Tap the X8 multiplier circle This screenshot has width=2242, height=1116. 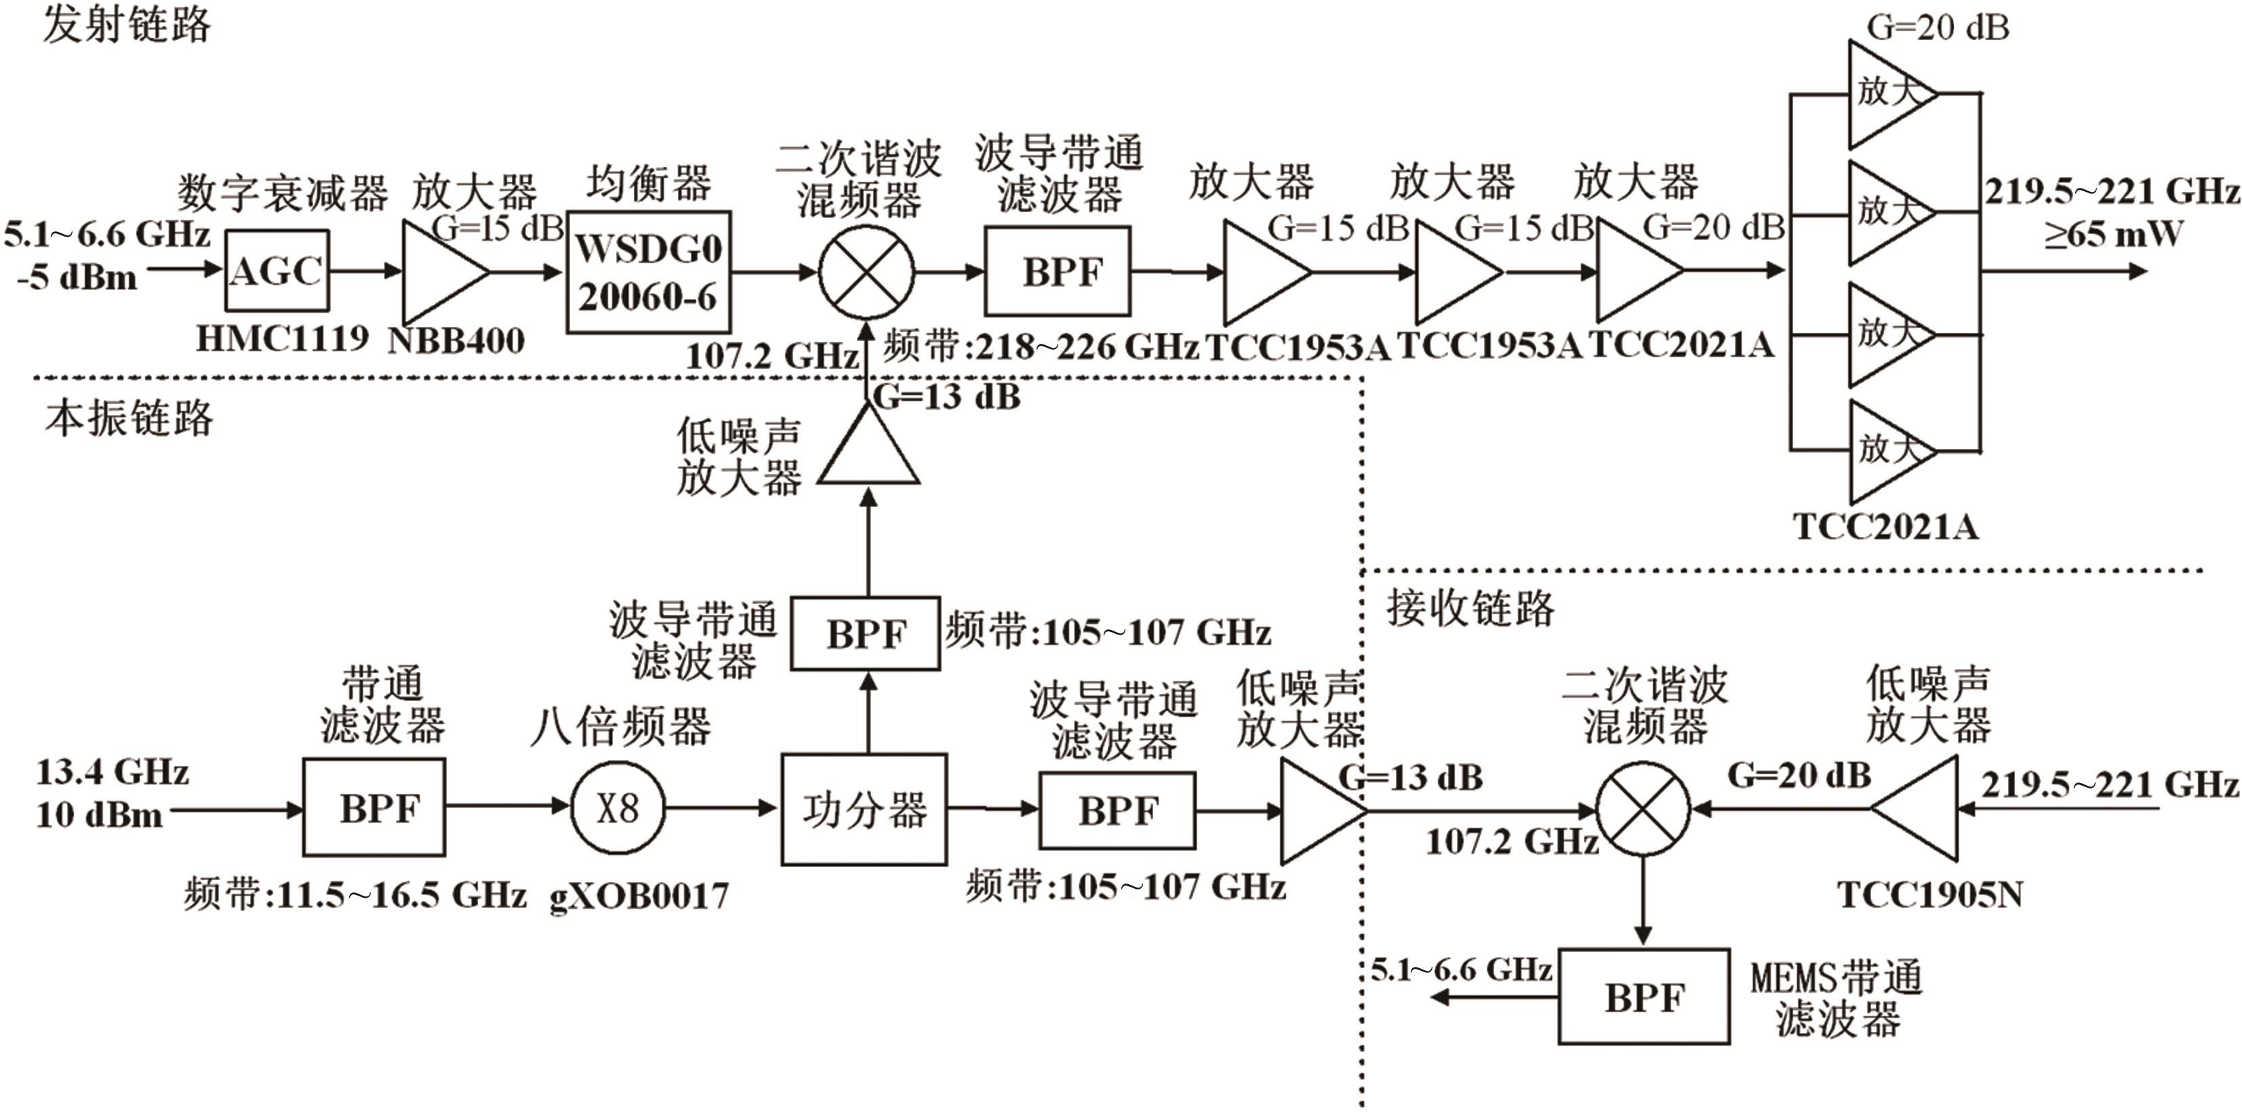pos(618,808)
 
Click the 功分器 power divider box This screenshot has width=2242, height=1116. pos(864,810)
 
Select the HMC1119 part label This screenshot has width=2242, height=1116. pos(282,338)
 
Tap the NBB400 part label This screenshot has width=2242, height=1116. pos(456,340)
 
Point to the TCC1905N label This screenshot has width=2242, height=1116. pos(1929,895)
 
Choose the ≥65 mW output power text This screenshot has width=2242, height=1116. pos(2114,234)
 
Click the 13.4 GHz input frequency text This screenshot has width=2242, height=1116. pos(113,772)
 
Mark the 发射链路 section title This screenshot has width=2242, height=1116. pos(127,24)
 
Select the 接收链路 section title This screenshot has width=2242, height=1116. pos(1470,607)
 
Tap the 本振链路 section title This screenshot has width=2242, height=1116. pos(129,419)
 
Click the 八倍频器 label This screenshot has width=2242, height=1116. pos(620,727)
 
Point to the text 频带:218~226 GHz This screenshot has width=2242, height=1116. pos(1042,347)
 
